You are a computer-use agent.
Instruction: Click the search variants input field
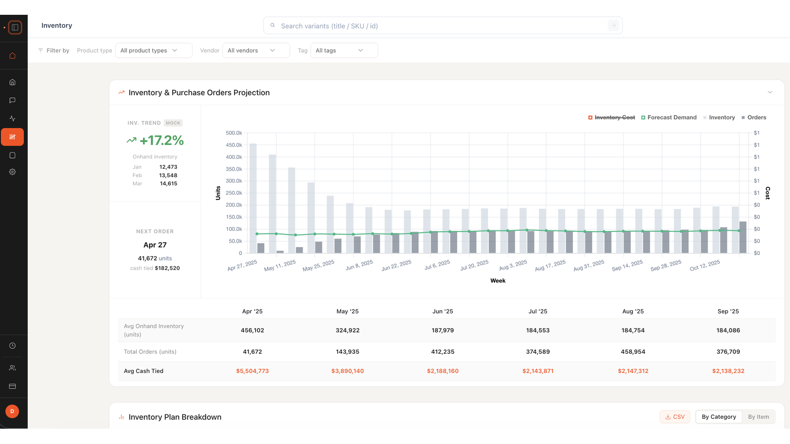pos(442,26)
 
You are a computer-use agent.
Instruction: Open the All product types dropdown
pos(154,50)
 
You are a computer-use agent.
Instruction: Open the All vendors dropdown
pos(256,50)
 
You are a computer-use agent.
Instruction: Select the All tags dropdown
pos(344,50)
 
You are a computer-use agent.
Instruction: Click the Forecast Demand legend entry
pos(669,117)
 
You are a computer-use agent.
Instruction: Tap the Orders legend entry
pos(753,117)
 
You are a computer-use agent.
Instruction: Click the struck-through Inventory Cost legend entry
pos(612,117)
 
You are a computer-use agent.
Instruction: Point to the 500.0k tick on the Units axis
pos(234,133)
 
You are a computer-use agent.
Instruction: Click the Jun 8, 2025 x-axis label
pos(359,265)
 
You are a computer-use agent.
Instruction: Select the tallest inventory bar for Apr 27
pos(253,198)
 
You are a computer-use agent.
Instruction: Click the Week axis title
pos(498,281)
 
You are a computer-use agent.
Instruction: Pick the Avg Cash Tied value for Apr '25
pos(252,370)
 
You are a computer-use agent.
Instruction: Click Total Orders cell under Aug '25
pos(633,352)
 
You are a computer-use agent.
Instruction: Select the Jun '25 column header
pos(442,311)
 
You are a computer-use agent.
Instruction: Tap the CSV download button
pos(675,417)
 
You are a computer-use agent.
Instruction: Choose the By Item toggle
pos(758,417)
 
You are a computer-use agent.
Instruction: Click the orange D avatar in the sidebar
pos(12,411)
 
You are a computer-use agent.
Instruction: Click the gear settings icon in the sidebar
pos(12,172)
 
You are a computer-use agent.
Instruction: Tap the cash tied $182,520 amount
pos(167,268)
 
